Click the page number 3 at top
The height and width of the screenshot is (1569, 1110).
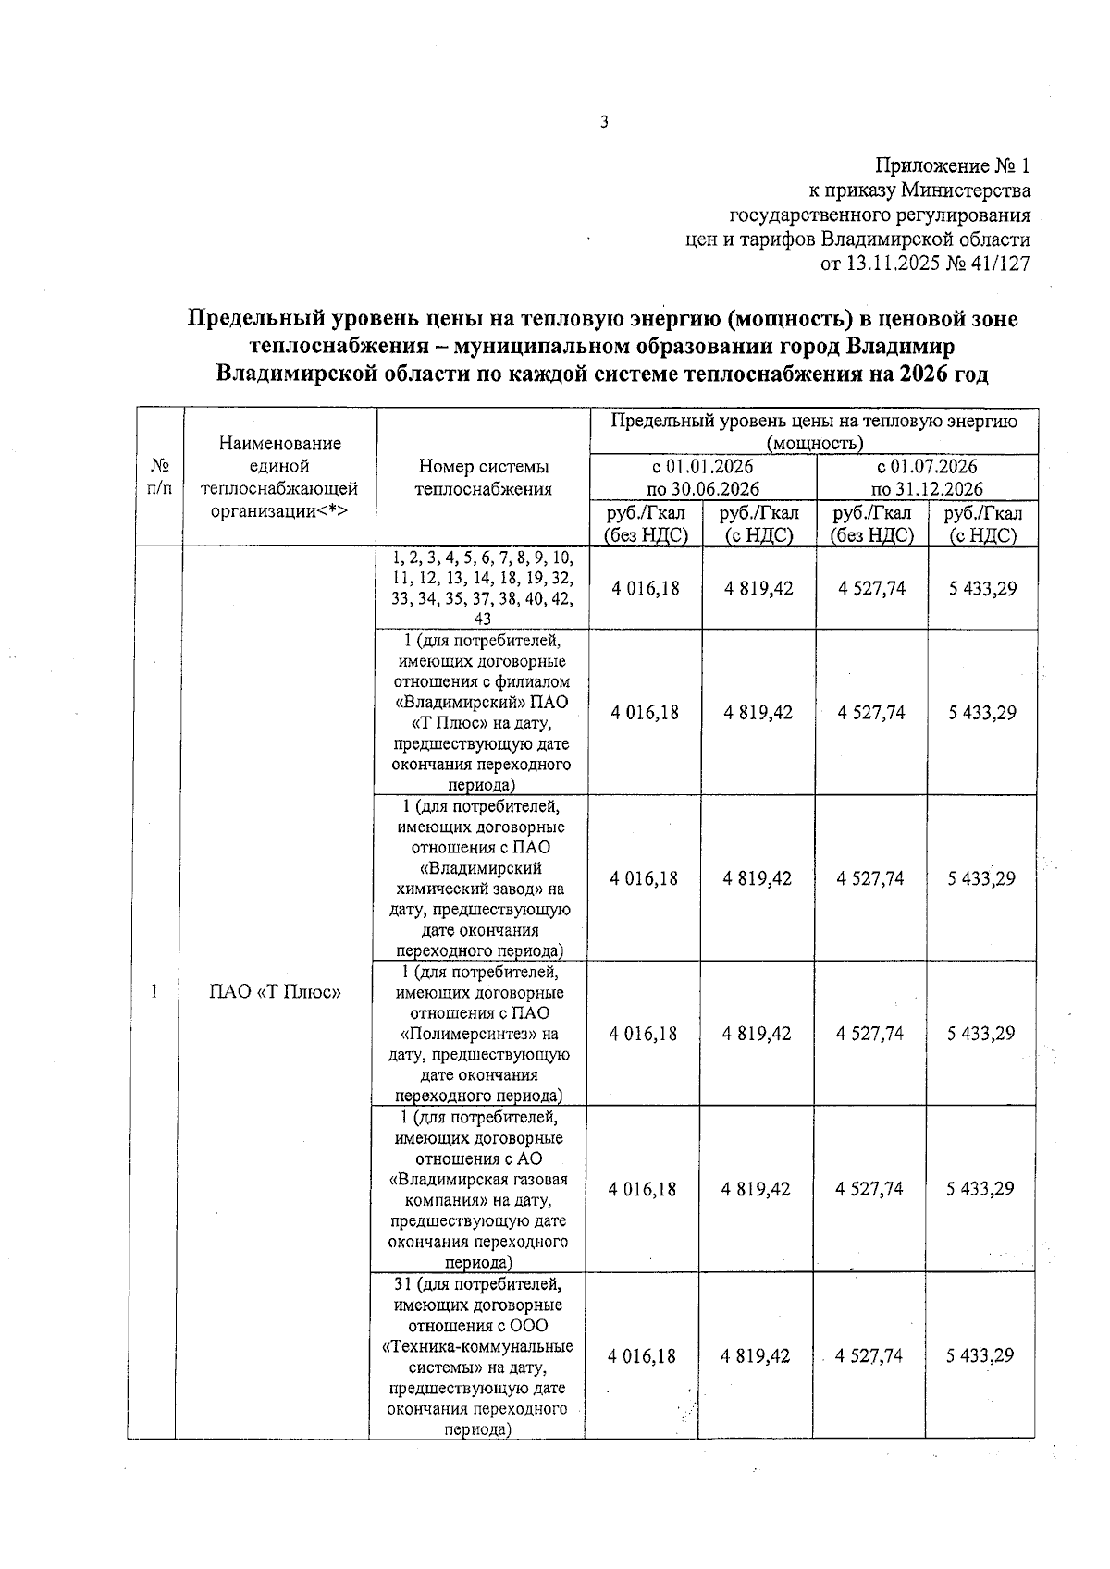point(604,121)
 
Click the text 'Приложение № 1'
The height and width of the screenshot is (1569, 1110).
point(952,167)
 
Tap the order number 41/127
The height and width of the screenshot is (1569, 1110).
point(997,264)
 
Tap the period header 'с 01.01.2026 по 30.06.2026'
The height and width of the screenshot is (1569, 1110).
point(703,477)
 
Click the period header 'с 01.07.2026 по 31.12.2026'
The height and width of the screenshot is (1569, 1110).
point(927,477)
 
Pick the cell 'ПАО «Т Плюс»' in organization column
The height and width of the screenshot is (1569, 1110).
point(276,992)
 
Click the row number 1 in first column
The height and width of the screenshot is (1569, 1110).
point(154,992)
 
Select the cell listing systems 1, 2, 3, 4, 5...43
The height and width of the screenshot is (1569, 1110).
point(482,588)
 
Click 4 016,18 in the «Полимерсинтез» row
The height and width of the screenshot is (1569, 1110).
point(643,1034)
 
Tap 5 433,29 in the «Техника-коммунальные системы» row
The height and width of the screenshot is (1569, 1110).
point(980,1355)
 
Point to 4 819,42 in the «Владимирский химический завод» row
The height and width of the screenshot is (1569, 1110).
point(758,878)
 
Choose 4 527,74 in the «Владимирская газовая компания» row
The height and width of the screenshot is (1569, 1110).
point(869,1189)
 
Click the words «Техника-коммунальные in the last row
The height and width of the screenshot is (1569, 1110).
point(477,1346)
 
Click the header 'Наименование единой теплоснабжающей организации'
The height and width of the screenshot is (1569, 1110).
point(279,477)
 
